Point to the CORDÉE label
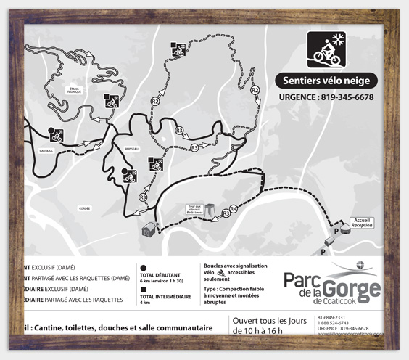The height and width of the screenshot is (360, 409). [84, 208]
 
